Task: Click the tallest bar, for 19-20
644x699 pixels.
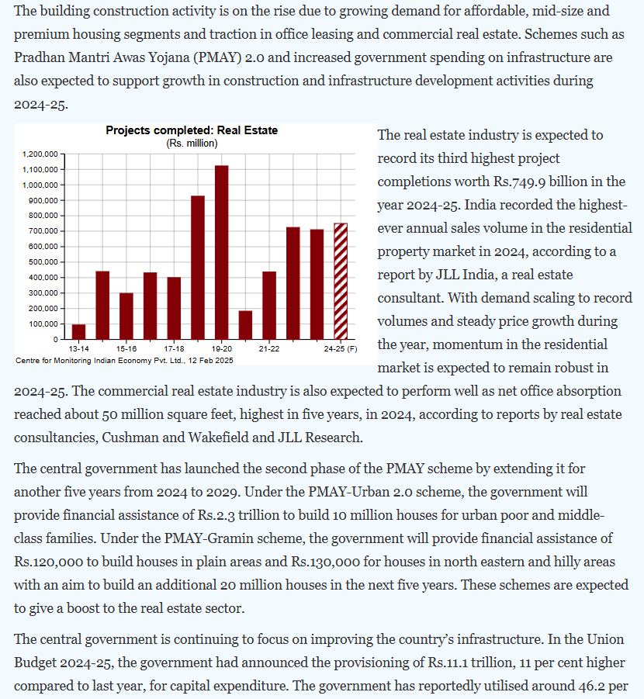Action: click(x=221, y=252)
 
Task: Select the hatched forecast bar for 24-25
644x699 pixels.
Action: click(x=340, y=282)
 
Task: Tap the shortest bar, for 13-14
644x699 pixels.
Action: click(x=78, y=331)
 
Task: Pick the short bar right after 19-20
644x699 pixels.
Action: click(x=245, y=325)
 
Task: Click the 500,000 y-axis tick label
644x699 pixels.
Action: click(x=43, y=262)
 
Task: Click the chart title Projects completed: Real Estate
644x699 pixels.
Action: click(x=191, y=130)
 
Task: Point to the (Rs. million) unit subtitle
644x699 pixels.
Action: click(x=192, y=143)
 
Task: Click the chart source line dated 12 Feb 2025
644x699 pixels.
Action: click(x=123, y=361)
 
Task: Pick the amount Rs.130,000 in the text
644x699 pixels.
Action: click(x=336, y=562)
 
